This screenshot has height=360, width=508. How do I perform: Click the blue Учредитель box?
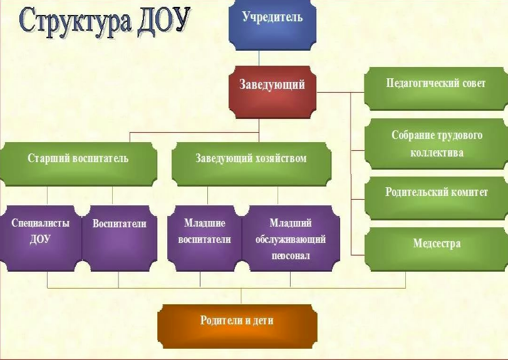click(272, 25)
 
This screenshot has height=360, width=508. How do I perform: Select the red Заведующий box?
click(272, 92)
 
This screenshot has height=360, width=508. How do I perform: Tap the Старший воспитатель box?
click(78, 164)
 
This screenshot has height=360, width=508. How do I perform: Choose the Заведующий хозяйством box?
click(251, 164)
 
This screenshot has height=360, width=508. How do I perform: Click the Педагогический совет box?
click(436, 89)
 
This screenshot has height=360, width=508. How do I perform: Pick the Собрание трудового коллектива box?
click(436, 144)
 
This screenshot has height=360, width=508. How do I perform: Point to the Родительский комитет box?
click(436, 198)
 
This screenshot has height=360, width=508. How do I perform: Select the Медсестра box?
click(436, 249)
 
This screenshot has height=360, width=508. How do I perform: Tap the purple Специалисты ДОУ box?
click(41, 239)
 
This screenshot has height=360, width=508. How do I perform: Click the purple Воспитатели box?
click(120, 239)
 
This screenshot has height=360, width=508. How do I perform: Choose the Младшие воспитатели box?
click(205, 239)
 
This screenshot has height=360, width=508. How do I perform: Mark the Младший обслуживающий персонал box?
click(291, 239)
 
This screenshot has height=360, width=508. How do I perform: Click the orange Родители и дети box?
click(237, 327)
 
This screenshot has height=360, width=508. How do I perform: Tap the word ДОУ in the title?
click(163, 21)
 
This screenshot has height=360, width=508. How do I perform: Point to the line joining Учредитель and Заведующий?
click(259, 58)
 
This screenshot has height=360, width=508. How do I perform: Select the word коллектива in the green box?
click(437, 153)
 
